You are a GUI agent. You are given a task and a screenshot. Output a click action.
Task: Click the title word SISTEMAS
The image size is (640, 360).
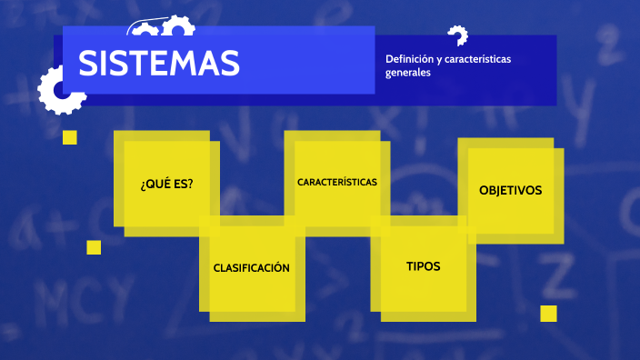click(159, 63)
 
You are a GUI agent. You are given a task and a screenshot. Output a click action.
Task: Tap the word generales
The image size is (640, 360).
click(407, 73)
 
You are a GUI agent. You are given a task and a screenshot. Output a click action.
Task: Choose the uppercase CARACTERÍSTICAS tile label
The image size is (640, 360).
click(337, 182)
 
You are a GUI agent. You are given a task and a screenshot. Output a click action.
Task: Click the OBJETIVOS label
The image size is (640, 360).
click(510, 190)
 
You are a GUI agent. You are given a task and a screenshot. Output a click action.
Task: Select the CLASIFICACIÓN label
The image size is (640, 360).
click(252, 268)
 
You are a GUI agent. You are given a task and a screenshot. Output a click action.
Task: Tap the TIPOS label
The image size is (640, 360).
click(423, 266)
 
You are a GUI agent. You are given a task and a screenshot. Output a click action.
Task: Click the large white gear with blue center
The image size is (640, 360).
click(60, 90)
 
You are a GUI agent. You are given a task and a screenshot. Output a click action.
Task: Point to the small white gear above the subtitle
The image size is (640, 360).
click(457, 35)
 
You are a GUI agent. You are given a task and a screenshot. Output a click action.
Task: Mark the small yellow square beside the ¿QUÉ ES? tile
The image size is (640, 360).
click(70, 137)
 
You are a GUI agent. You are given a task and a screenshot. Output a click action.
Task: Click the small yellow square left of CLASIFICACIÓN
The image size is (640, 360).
click(94, 247)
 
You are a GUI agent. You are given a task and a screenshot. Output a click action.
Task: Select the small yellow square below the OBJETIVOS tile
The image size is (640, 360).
click(548, 314)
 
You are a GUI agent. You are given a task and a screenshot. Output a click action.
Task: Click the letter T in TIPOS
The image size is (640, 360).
click(410, 266)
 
